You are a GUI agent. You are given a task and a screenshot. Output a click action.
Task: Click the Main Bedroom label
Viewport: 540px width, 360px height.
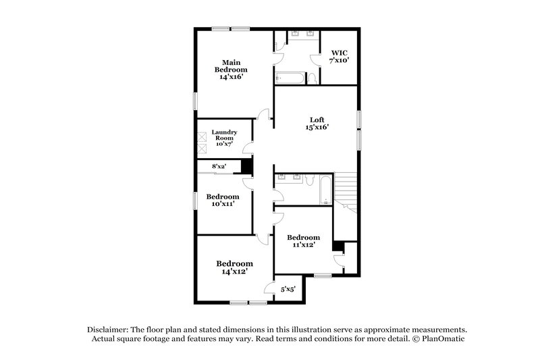point(230,70)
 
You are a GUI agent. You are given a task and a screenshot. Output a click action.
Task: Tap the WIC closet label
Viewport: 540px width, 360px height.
point(338,56)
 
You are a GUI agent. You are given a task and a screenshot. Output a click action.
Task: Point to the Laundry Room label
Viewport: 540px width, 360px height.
point(224,138)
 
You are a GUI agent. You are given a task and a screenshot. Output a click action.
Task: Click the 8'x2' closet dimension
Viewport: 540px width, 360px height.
point(219,166)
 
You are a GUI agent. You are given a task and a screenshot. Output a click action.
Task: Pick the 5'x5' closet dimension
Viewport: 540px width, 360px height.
point(288,289)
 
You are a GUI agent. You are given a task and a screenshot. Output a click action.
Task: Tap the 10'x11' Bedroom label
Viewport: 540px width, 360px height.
point(223,201)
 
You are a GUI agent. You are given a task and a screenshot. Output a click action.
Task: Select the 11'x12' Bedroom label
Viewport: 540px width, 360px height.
point(303,242)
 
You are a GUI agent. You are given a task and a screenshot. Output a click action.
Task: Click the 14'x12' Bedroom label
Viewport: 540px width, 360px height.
point(234,267)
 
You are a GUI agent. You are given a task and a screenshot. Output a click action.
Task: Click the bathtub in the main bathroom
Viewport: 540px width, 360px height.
point(287,78)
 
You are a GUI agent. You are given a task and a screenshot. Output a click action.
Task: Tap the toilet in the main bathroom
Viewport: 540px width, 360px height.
point(311,79)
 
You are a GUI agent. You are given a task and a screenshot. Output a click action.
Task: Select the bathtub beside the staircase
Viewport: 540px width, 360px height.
point(326,190)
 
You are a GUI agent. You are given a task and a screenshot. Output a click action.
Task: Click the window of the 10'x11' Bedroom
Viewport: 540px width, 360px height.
point(196,200)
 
